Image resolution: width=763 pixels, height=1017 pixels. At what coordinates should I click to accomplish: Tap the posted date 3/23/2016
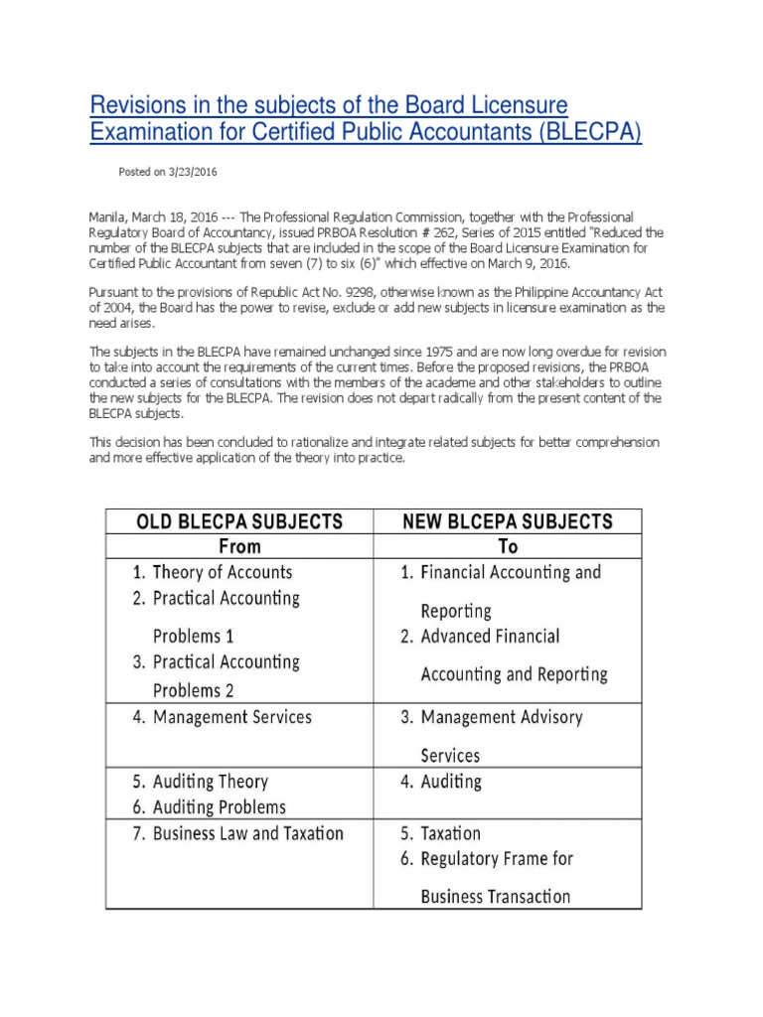tap(192, 172)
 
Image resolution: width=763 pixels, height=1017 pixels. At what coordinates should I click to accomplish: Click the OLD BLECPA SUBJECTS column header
tap(238, 521)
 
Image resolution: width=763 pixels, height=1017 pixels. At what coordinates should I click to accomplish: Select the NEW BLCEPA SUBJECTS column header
tap(507, 521)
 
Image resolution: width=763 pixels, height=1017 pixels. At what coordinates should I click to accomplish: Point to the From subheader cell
tap(238, 546)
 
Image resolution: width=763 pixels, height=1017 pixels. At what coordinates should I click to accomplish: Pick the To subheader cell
tap(507, 546)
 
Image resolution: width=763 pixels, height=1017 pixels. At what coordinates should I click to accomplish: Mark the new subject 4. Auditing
tap(441, 782)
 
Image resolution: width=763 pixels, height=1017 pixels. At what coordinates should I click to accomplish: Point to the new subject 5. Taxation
tap(440, 833)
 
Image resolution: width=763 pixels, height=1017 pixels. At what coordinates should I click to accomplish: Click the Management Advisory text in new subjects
tap(502, 717)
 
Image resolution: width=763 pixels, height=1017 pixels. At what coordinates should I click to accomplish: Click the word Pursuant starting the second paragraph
tap(113, 293)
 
